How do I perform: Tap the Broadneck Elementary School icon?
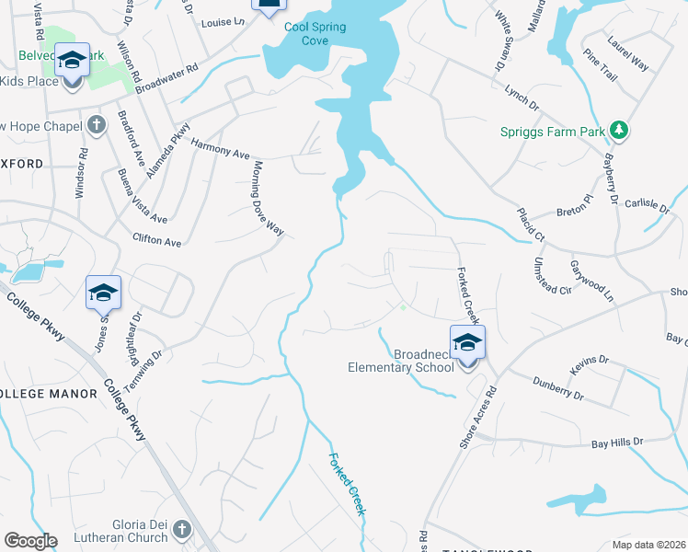click(x=467, y=342)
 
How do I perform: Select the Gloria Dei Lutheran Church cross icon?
click(x=181, y=530)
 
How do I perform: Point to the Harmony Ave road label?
click(x=221, y=148)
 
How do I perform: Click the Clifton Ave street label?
click(x=157, y=241)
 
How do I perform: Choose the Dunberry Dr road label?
click(x=559, y=387)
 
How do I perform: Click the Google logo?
click(x=29, y=541)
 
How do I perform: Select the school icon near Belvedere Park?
click(x=73, y=62)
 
